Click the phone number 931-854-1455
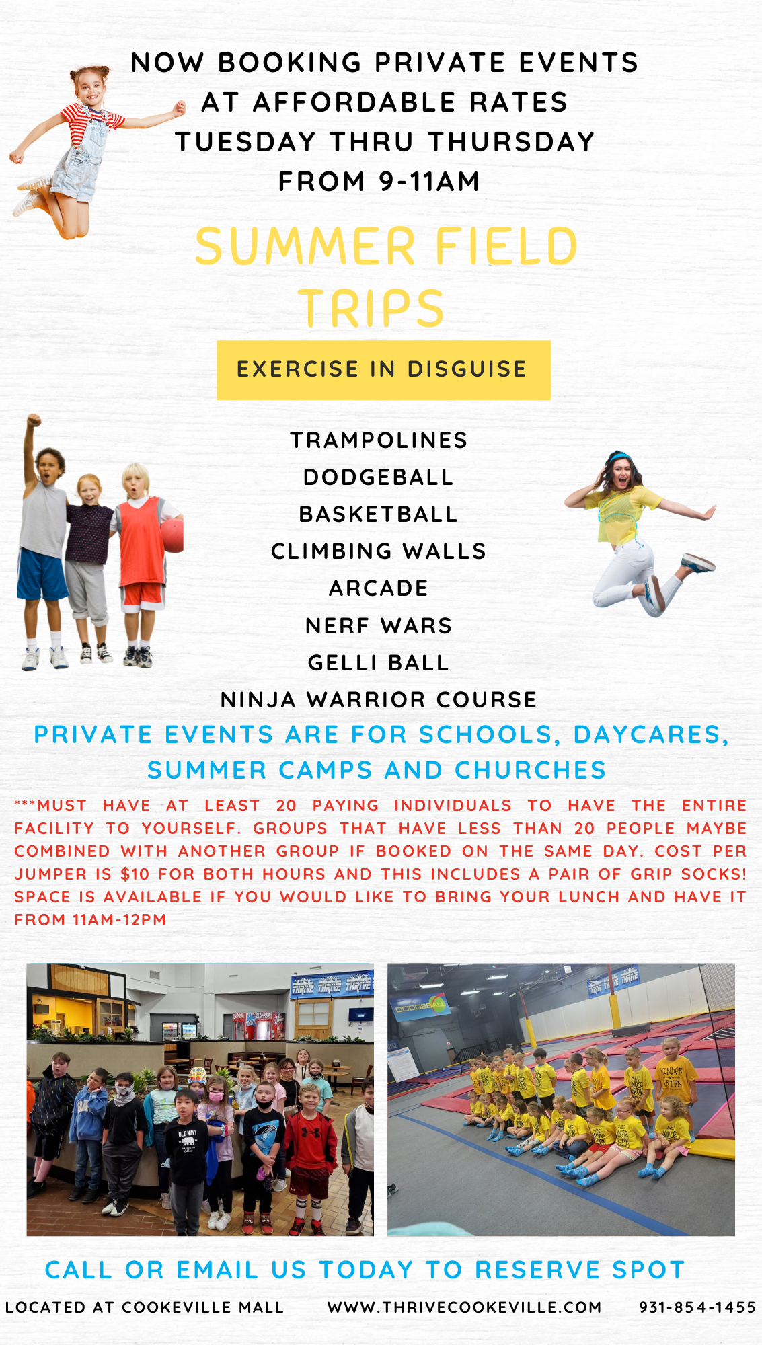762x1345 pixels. pos(697,1307)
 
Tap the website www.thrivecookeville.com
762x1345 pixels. pos(464,1307)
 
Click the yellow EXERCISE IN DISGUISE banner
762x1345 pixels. pos(383,370)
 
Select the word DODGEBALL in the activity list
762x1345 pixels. pos(379,477)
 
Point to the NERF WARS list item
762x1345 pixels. pos(379,625)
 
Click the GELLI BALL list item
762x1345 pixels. pos(379,662)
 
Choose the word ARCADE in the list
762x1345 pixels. pos(379,588)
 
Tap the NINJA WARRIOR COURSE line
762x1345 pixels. pos(379,699)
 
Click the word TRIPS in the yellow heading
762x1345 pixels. pos(371,308)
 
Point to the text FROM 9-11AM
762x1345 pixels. pos(379,181)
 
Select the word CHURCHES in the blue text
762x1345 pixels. pos(531,770)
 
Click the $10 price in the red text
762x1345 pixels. pos(135,874)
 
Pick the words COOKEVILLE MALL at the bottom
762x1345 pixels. pos(202,1307)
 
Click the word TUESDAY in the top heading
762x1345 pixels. pos(245,141)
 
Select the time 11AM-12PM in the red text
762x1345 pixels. pos(119,919)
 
